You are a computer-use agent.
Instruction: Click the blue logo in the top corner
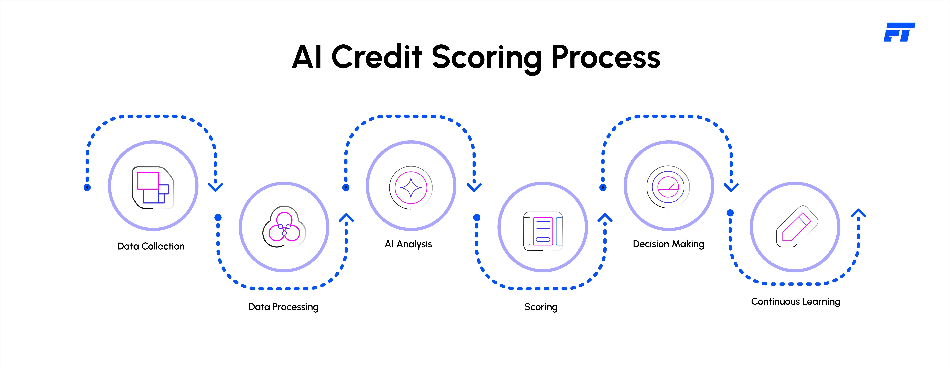pos(899,32)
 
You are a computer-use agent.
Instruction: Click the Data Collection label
pos(151,246)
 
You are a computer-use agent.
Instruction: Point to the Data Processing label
pos(283,307)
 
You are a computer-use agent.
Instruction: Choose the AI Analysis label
pos(408,244)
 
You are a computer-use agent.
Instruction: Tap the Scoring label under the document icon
pos(541,307)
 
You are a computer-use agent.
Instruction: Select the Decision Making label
pos(668,244)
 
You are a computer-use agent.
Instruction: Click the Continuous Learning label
pos(796,302)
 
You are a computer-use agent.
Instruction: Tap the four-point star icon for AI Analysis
pos(411,187)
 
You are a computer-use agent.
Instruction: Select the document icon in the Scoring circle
pos(543,231)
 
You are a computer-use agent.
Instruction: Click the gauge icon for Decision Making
pos(668,187)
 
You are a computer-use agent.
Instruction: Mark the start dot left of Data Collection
pos(87,187)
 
